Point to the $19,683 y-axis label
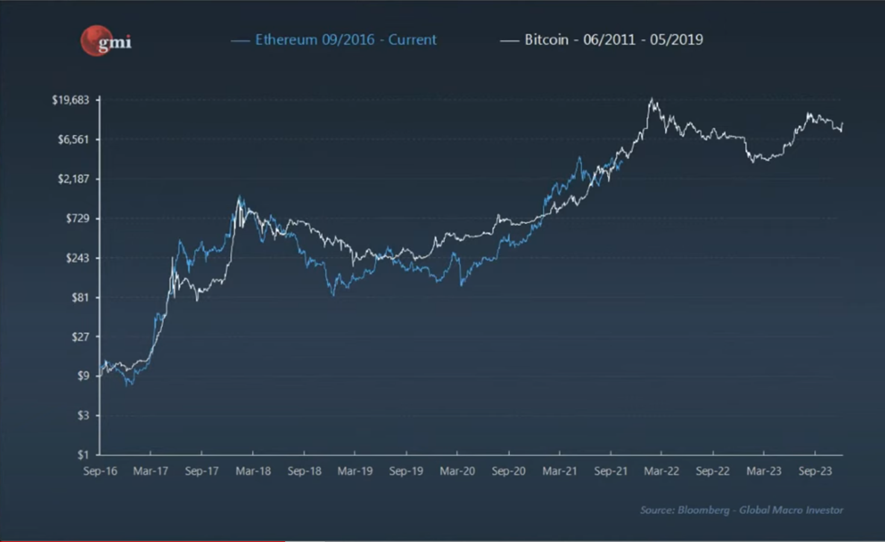(x=70, y=100)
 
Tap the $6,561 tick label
(x=73, y=140)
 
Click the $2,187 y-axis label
(x=73, y=179)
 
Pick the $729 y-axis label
(x=77, y=218)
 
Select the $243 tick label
(x=77, y=258)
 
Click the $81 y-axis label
(x=80, y=297)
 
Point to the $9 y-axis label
(x=83, y=376)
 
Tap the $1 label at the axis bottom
(x=83, y=455)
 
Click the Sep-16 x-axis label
(x=100, y=471)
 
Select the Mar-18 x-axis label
(x=253, y=471)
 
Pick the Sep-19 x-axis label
(x=406, y=471)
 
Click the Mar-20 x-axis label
(x=457, y=471)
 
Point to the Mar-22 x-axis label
(x=661, y=471)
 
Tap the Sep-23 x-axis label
(x=815, y=471)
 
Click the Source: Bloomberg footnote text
(x=741, y=510)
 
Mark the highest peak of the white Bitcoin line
(x=651, y=99)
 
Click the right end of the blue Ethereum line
(x=621, y=161)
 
